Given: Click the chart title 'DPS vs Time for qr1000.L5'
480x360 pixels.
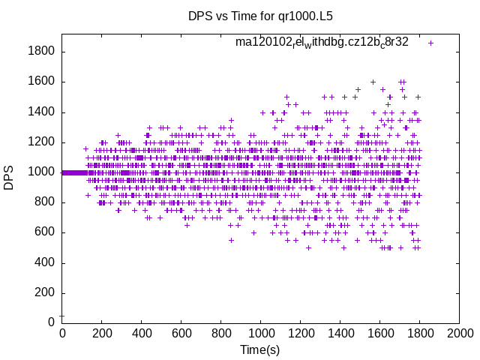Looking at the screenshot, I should pos(259,16).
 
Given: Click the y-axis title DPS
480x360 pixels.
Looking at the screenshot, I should pos(9,178).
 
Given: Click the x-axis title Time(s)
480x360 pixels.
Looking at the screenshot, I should pos(259,350).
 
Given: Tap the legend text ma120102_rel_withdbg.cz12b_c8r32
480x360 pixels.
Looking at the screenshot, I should pos(322,42).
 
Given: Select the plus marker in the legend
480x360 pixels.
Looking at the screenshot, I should pos(430,43).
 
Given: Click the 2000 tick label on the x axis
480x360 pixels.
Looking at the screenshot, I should pos(459,334).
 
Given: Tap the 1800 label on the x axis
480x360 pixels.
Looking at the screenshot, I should pos(419,334).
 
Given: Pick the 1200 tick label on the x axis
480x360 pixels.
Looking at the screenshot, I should pos(300,334).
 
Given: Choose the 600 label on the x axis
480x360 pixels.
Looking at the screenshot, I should pos(181,334).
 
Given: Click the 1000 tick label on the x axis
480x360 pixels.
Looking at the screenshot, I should pos(260,334).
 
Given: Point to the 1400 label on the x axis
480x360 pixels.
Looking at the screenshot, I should pos(340,334).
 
